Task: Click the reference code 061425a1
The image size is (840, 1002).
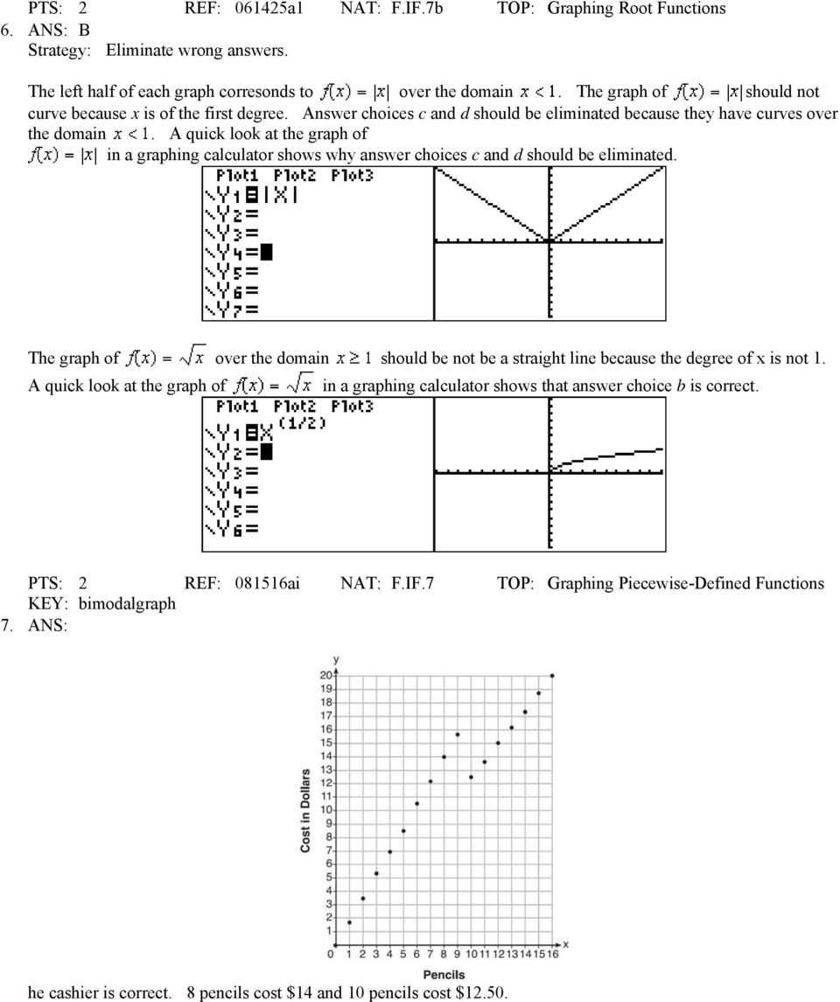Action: pyautogui.click(x=269, y=9)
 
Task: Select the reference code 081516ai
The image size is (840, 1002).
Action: pyautogui.click(x=268, y=583)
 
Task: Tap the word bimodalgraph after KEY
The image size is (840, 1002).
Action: pyautogui.click(x=127, y=603)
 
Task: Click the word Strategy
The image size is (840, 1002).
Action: pyautogui.click(x=59, y=50)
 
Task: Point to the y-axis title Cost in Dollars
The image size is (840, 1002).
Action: pyautogui.click(x=305, y=811)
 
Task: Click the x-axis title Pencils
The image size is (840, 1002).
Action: pyautogui.click(x=444, y=974)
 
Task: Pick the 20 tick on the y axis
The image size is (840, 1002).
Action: pyautogui.click(x=325, y=675)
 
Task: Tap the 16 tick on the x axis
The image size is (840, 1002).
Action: pyautogui.click(x=552, y=954)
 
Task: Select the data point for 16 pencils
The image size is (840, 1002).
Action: pyautogui.click(x=552, y=676)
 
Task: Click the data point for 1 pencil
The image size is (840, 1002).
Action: pyautogui.click(x=349, y=922)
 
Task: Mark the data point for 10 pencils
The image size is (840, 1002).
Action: pyautogui.click(x=471, y=776)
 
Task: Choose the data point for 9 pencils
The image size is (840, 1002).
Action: pyautogui.click(x=458, y=734)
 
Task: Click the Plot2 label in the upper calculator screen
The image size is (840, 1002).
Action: pyautogui.click(x=295, y=175)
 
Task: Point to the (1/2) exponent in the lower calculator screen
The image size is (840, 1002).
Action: pyautogui.click(x=302, y=423)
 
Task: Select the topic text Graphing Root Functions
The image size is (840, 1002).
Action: pyautogui.click(x=636, y=9)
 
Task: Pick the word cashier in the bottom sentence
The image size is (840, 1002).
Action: pyautogui.click(x=80, y=992)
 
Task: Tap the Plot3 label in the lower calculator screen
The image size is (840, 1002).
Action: pyautogui.click(x=352, y=407)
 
